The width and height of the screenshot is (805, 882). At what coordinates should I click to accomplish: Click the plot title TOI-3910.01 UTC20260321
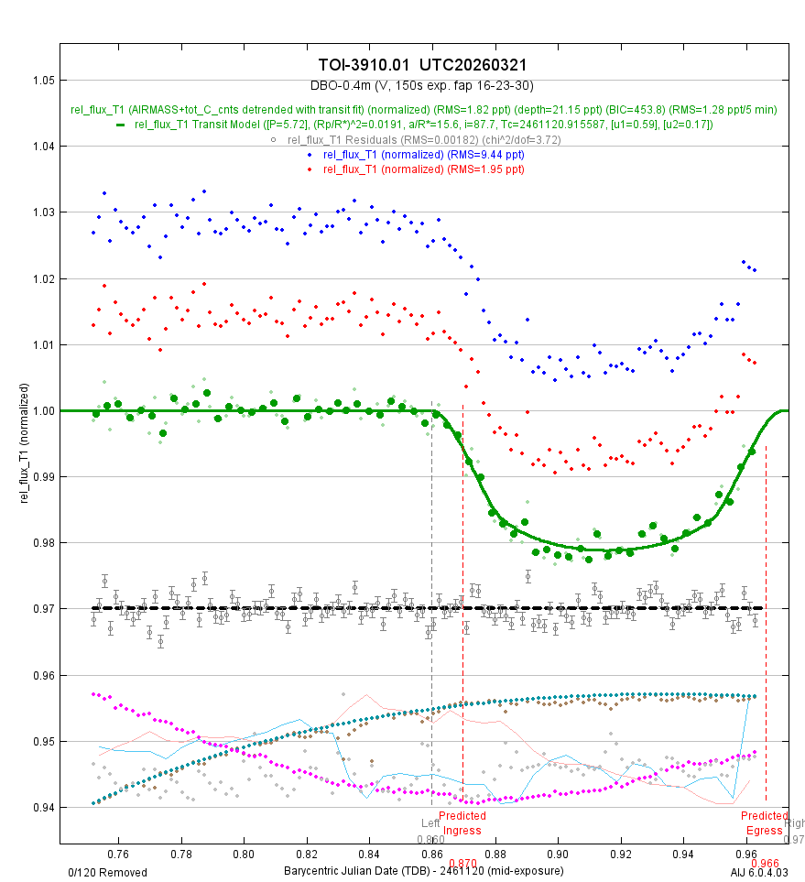422,65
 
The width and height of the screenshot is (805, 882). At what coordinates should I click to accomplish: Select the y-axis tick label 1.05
42,80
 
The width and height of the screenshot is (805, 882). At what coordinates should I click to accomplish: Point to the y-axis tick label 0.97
42,609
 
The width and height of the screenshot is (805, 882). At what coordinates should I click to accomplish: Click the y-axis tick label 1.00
42,410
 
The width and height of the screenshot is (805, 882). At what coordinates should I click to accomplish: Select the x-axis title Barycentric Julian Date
423,870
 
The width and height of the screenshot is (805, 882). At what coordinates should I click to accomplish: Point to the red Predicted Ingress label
462,823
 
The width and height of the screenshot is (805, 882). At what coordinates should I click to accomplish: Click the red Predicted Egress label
764,823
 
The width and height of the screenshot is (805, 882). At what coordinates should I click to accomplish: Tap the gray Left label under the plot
430,823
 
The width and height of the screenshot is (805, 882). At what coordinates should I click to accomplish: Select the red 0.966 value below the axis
764,863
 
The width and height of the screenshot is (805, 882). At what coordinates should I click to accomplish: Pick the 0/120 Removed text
107,872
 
